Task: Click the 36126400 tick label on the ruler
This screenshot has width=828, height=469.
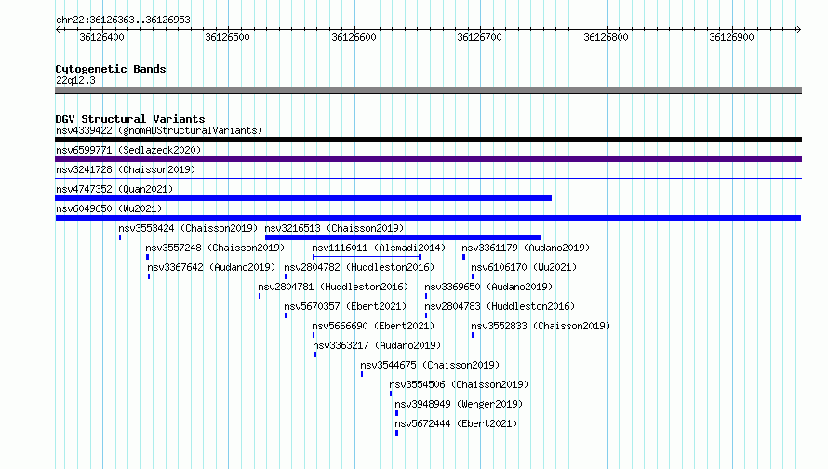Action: (102, 37)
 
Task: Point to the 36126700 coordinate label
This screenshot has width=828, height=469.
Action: (479, 37)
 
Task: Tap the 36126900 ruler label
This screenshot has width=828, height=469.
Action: (731, 37)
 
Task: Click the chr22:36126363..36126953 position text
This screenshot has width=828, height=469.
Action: (123, 20)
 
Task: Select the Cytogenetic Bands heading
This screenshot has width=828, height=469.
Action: (111, 69)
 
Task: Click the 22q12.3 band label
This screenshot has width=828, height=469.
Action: (75, 80)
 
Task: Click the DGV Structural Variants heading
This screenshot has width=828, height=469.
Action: (130, 119)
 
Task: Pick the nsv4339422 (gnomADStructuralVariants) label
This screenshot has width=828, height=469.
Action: (159, 130)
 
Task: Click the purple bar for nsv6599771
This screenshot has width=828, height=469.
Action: (428, 159)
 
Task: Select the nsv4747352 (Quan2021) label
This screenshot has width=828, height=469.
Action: (114, 189)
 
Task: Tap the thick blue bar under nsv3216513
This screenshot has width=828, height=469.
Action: (403, 237)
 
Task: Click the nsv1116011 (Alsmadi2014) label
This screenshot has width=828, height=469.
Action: (379, 248)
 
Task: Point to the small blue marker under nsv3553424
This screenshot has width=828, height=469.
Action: (120, 237)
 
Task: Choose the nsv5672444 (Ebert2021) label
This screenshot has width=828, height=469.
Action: (456, 423)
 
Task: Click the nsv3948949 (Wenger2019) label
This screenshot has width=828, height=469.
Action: (459, 404)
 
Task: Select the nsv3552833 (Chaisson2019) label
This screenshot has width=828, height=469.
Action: (541, 326)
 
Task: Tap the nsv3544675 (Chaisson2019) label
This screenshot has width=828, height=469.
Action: (430, 365)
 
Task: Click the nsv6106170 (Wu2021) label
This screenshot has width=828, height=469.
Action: (524, 267)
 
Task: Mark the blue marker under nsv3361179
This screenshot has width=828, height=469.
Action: (463, 257)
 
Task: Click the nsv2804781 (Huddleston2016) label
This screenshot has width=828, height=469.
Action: (333, 287)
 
